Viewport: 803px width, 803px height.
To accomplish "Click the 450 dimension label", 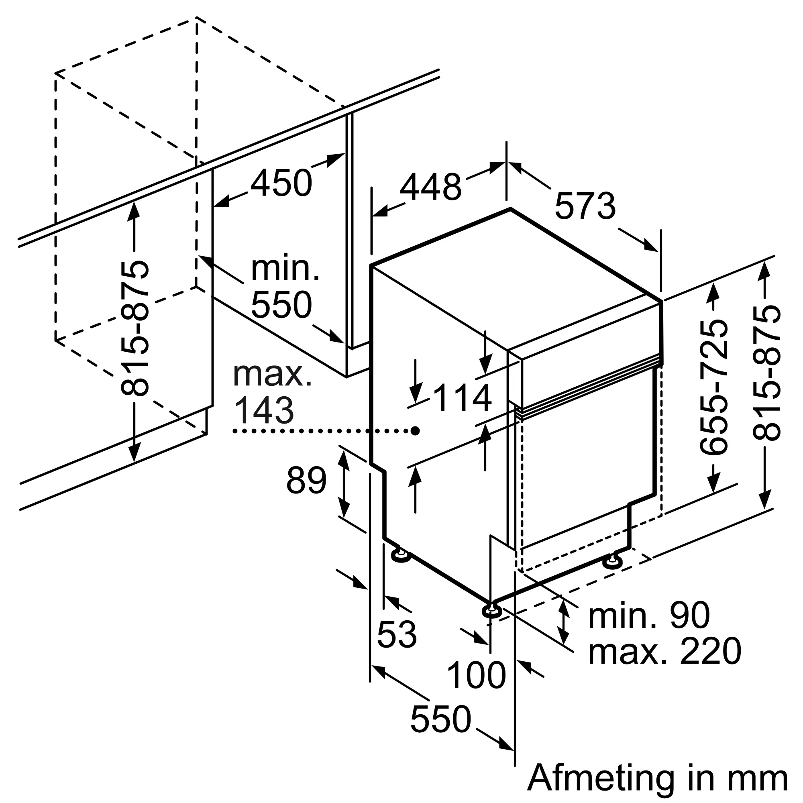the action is coord(281,183).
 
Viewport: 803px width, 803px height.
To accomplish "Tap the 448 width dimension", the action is coord(430,188).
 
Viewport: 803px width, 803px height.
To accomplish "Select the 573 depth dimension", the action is coord(585,206).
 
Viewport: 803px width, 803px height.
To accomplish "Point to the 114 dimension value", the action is coord(462,398).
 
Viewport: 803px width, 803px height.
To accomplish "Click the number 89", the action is coord(306,481).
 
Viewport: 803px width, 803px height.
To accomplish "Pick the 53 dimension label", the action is coord(397,634).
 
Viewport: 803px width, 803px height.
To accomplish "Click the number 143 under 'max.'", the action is coord(264,410).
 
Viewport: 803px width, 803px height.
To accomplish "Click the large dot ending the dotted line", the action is coord(415,431).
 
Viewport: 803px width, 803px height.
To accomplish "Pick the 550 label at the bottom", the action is coord(440,719).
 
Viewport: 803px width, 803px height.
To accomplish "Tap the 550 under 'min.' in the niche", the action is coord(281,305).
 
